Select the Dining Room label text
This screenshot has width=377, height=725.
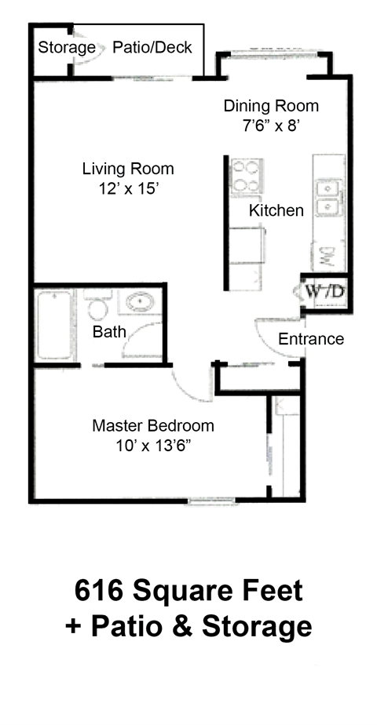pos(271,106)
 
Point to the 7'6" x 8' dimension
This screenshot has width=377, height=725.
pos(271,124)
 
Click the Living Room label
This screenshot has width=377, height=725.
pos(128,169)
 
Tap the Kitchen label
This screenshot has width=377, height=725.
pos(276,210)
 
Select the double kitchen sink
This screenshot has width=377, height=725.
pos(328,198)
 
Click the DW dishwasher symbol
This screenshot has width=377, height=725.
pos(328,255)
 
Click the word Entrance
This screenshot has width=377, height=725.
pos(311,339)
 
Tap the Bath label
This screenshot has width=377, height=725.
pos(109,332)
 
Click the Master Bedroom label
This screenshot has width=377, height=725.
pos(153,426)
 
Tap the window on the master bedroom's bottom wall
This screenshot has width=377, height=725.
pos(210,501)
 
